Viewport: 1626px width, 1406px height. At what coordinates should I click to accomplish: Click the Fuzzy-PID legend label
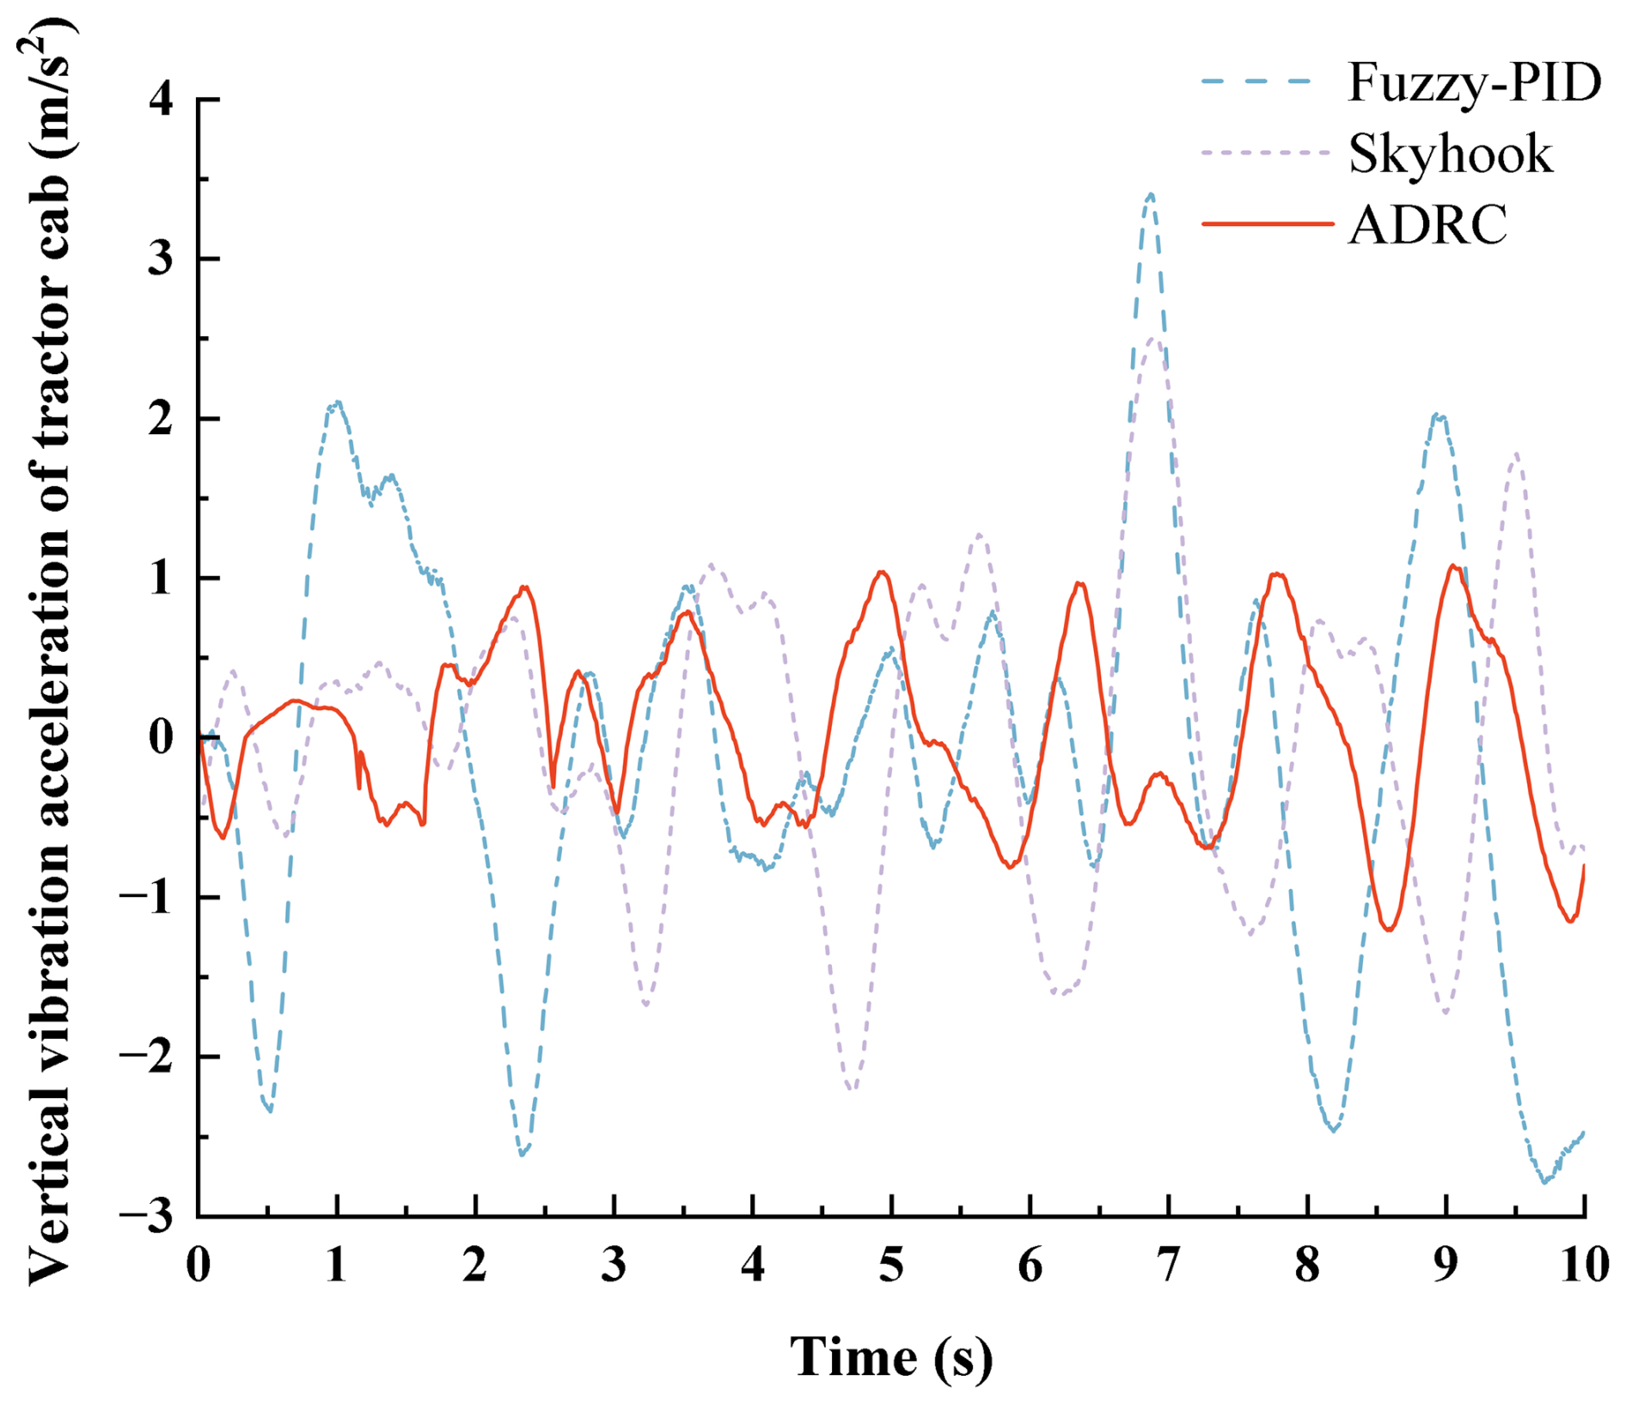tap(1474, 83)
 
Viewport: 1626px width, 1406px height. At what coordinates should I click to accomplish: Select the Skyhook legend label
tap(1451, 155)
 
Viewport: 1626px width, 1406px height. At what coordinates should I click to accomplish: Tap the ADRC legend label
tap(1427, 225)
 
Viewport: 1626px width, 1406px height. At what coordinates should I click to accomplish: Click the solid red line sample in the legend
tap(1267, 224)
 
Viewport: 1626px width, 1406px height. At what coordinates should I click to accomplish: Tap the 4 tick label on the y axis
tap(161, 101)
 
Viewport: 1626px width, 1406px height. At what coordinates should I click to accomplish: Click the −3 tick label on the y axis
tap(147, 1216)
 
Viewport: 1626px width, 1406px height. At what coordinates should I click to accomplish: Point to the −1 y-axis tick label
tap(147, 897)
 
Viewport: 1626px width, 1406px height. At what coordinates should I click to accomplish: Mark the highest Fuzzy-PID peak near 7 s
tap(1151, 195)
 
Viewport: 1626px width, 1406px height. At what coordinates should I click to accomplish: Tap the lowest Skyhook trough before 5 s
tap(852, 1090)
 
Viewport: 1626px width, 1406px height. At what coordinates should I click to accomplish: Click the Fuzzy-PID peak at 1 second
tap(338, 402)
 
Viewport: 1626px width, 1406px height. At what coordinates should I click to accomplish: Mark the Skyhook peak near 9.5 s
tap(1516, 454)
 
